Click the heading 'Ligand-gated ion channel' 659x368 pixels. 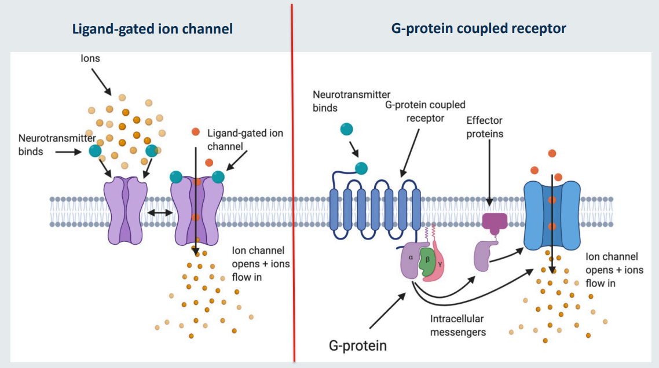tap(152, 28)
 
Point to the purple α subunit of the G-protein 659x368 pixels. tap(411, 262)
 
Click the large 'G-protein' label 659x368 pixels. tap(357, 345)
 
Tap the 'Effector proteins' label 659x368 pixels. tap(484, 127)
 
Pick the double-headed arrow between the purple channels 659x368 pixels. tap(159, 213)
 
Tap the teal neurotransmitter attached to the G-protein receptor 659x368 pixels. tap(361, 168)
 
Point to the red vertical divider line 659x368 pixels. tap(292, 185)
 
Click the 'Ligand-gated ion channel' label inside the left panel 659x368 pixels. tap(245, 139)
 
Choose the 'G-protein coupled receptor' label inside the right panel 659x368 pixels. tap(425, 111)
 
